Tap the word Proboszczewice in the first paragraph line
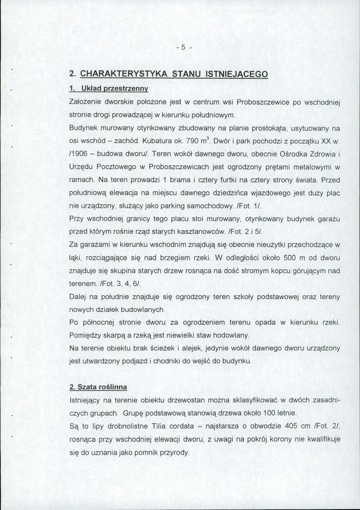pos(263,102)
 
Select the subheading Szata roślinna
pos(98,387)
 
